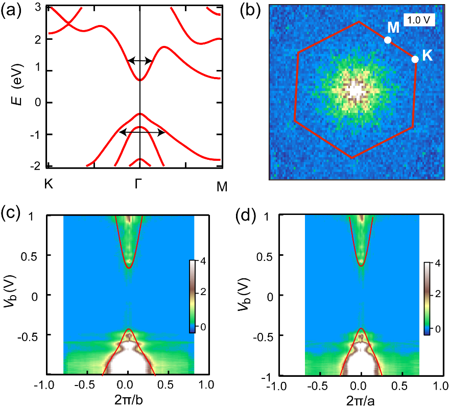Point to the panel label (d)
[x=249, y=212]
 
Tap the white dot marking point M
[x=388, y=40]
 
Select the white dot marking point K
[x=415, y=59]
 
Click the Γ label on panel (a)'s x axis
[x=139, y=184]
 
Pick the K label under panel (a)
[x=49, y=184]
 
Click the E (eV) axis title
[x=19, y=87]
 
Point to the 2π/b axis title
[x=128, y=399]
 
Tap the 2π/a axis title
[x=362, y=399]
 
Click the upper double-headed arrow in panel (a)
[x=140, y=61]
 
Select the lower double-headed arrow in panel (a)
[x=141, y=132]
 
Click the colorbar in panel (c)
[x=192, y=296]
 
